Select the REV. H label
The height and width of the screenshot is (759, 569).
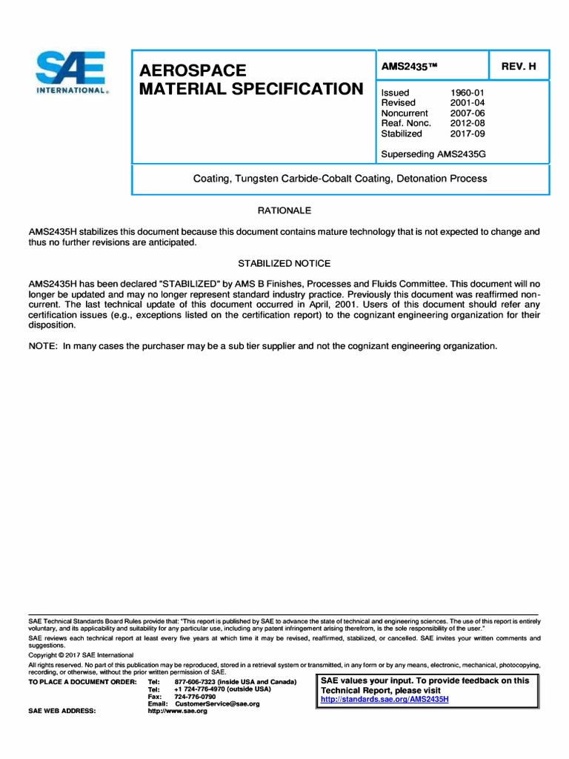(519, 66)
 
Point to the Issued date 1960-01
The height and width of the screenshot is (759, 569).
(467, 93)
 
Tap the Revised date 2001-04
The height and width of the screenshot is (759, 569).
(467, 103)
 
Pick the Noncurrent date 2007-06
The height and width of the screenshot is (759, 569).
(467, 113)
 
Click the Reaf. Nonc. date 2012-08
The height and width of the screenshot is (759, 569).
(467, 123)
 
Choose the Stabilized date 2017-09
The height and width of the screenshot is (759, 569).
(467, 133)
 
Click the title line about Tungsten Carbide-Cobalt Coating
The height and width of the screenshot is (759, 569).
(340, 179)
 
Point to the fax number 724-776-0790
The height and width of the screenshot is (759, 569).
(195, 697)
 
